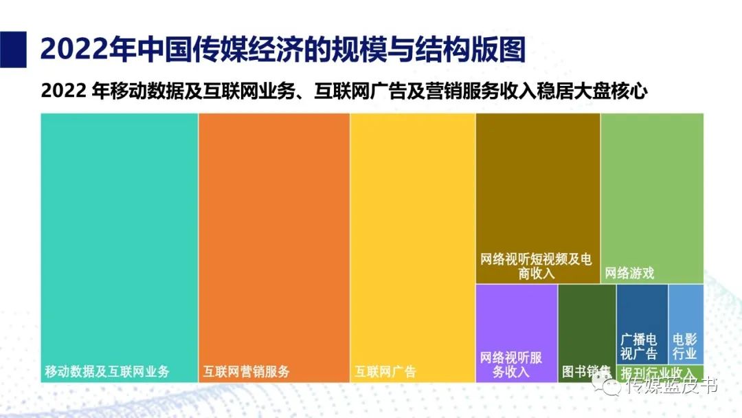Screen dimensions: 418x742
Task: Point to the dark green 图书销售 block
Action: [x=586, y=323]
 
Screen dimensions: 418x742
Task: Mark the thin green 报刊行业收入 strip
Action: [x=660, y=373]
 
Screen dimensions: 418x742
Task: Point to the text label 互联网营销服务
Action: [x=246, y=372]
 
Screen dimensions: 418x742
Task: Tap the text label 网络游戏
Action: [x=629, y=274]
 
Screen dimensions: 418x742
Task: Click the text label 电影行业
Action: [x=685, y=347]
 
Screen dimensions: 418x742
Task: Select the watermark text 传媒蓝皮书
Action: [x=673, y=386]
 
